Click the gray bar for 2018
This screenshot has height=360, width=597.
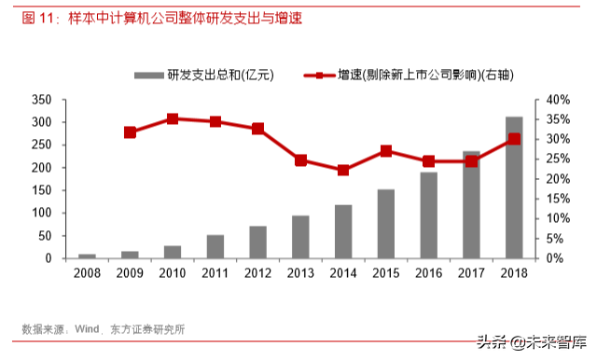(513, 187)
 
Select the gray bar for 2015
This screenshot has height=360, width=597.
(386, 224)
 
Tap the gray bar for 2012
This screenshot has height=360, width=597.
(257, 242)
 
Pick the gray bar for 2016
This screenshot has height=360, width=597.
(428, 215)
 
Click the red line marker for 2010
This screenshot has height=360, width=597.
(173, 119)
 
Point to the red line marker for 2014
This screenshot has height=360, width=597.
(343, 170)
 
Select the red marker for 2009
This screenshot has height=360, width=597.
(130, 132)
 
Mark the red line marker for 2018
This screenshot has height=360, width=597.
(514, 139)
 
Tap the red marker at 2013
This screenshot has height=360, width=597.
(300, 160)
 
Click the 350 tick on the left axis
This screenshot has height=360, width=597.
(40, 100)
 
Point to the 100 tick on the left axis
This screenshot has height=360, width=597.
(40, 213)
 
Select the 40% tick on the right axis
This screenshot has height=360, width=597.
(556, 100)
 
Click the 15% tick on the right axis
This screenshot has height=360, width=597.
(556, 199)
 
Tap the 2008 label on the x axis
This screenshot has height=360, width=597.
(87, 273)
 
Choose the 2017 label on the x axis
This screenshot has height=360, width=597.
(471, 273)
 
